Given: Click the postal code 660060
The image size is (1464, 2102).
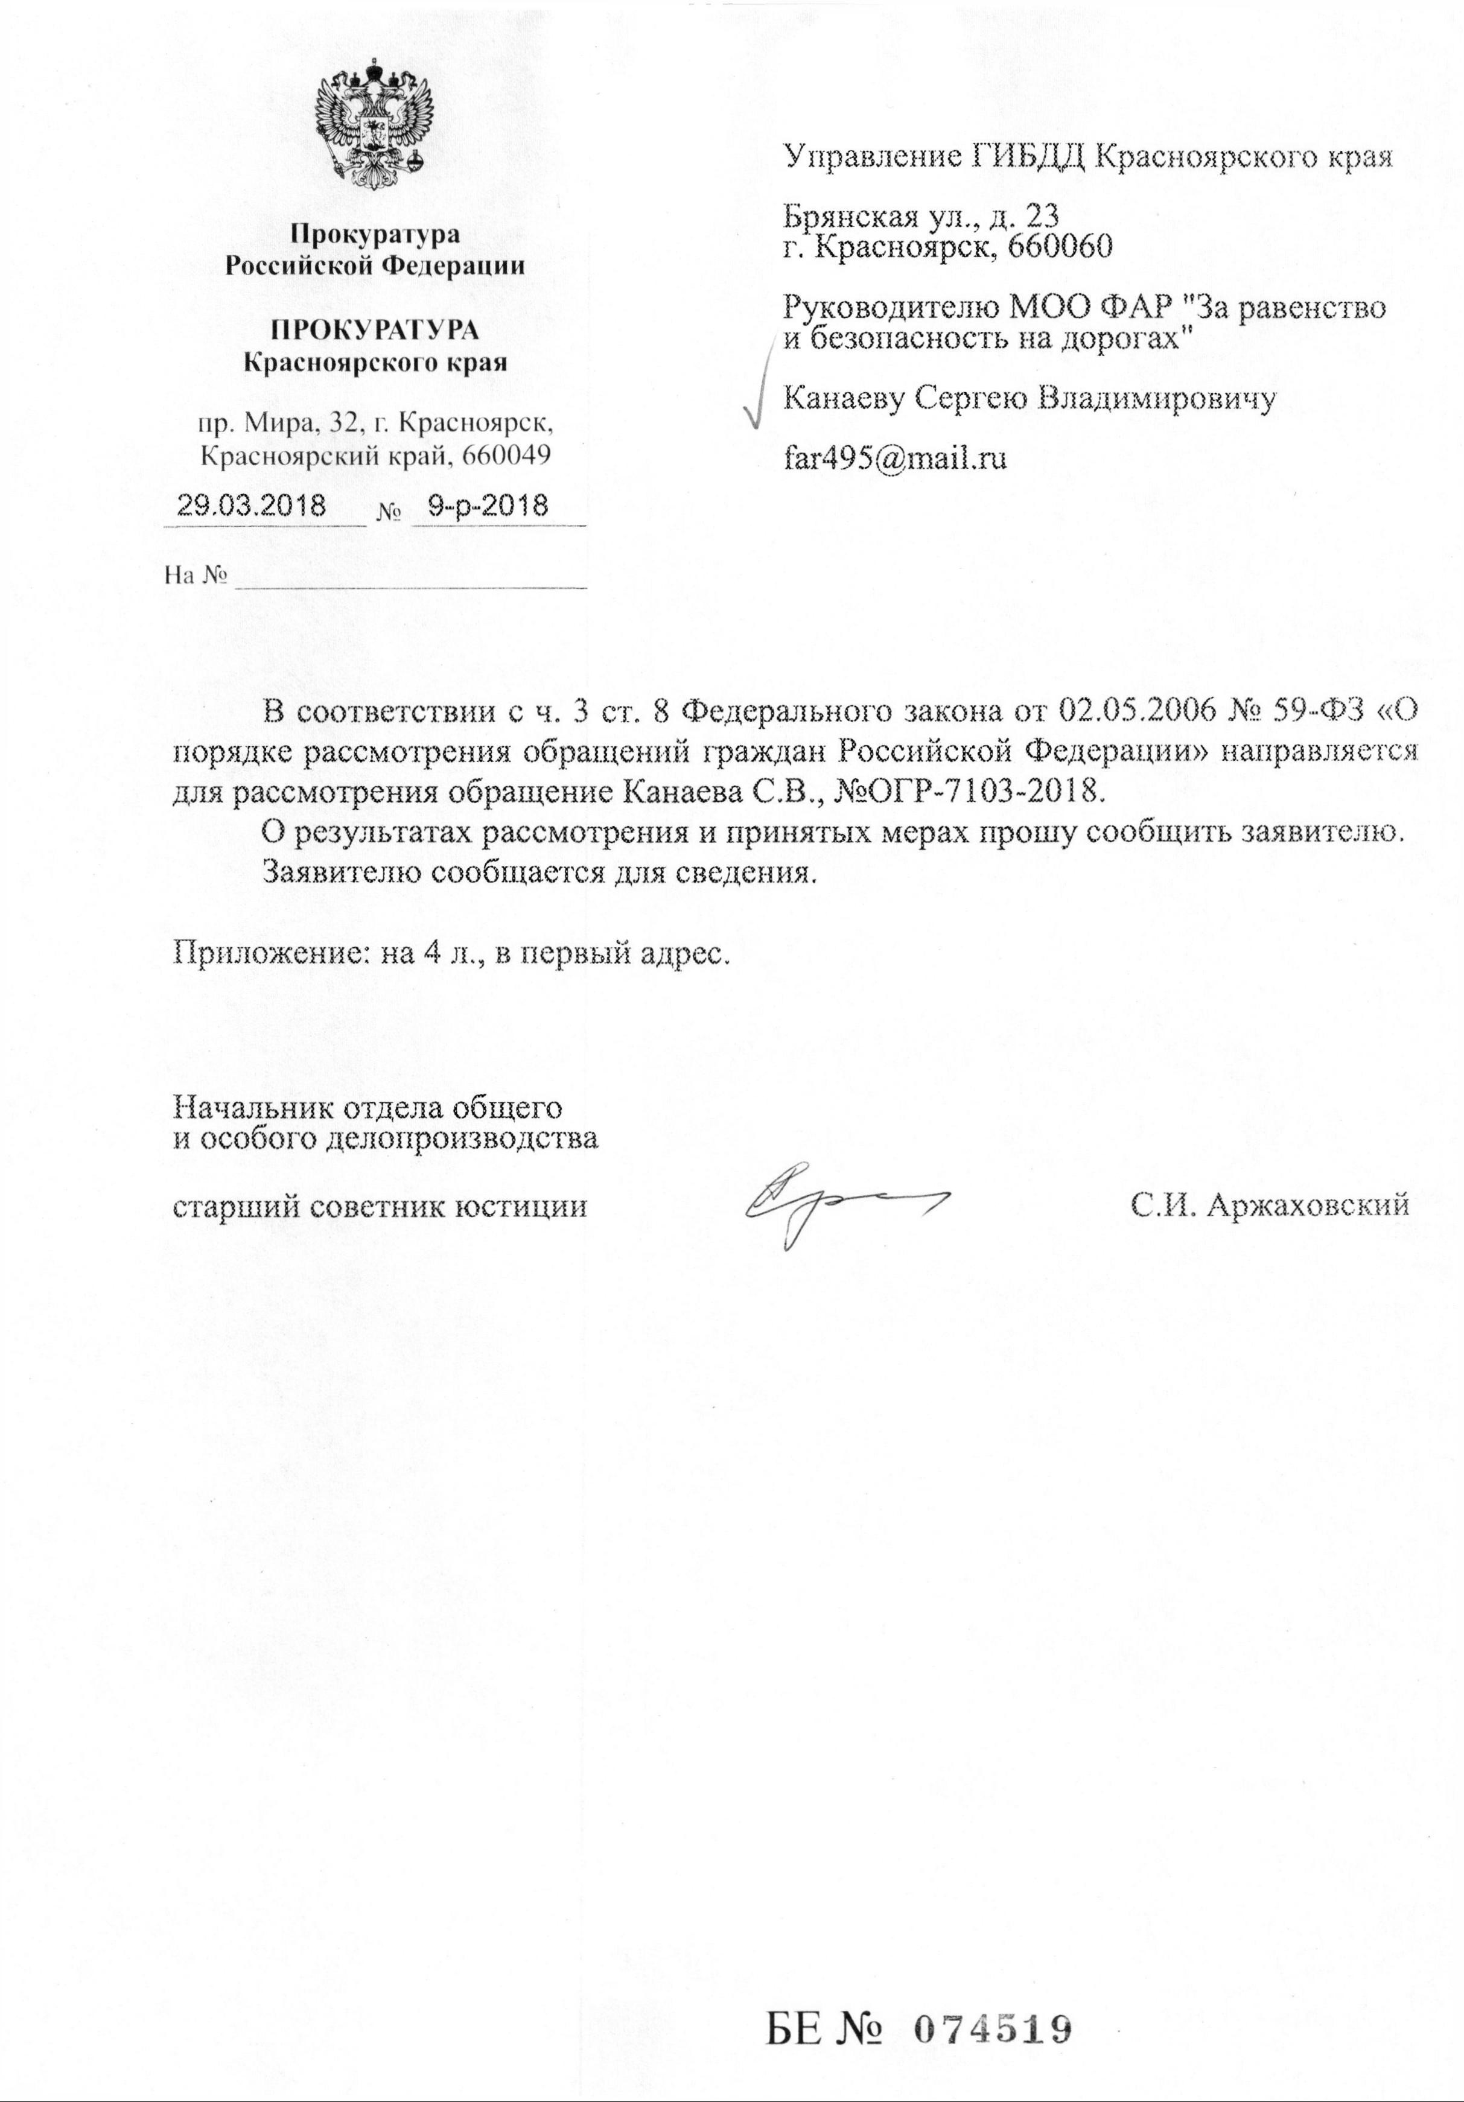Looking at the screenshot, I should (x=1057, y=246).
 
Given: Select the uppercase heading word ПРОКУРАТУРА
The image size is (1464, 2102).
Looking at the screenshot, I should (x=375, y=329).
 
